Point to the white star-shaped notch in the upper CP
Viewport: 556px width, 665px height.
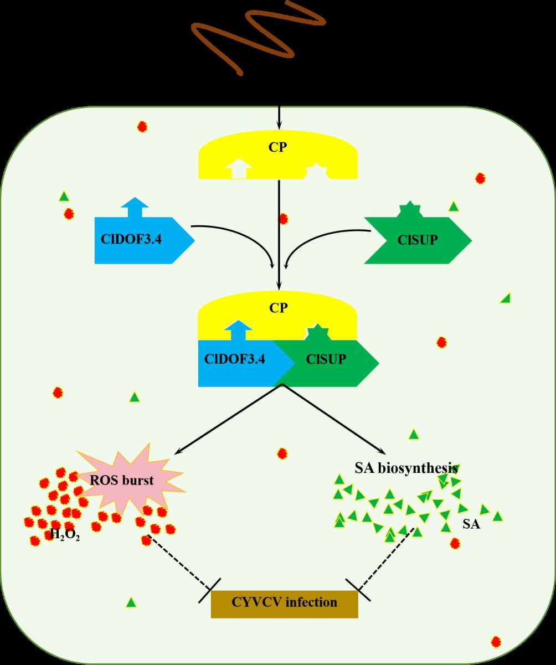pyautogui.click(x=318, y=171)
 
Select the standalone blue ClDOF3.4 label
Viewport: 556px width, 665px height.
pyautogui.click(x=131, y=240)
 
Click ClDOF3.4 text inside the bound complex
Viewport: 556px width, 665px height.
pyautogui.click(x=234, y=359)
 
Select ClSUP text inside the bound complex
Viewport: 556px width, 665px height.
pyautogui.click(x=326, y=359)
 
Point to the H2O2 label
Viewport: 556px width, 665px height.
pyautogui.click(x=65, y=535)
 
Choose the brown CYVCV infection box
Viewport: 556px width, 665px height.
pyautogui.click(x=284, y=602)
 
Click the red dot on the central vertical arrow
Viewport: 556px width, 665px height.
pyautogui.click(x=284, y=219)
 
